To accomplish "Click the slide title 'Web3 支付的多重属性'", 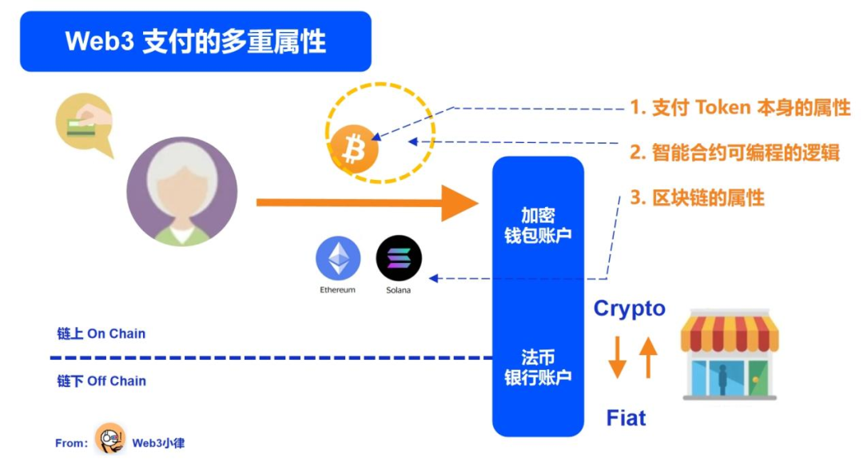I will tap(195, 42).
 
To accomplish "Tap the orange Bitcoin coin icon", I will tap(354, 148).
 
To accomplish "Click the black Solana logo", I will tap(399, 258).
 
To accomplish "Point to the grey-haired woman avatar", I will tap(182, 193).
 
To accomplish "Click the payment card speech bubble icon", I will tap(83, 124).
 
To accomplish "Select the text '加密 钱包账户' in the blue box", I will tap(538, 225).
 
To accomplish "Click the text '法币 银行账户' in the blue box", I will tap(538, 367).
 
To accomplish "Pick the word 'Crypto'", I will tap(629, 309).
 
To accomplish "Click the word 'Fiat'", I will tap(626, 418).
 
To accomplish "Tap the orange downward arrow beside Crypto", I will tap(617, 357).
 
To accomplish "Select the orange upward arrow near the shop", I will tap(648, 356).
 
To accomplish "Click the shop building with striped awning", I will tap(730, 356).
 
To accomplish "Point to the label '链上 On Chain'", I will tap(101, 333).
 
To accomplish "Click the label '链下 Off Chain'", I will tap(101, 381).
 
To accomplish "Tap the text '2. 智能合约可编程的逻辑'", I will tap(734, 153).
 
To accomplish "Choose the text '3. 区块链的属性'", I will tap(697, 197).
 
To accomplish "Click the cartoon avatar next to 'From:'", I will tap(110, 439).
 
